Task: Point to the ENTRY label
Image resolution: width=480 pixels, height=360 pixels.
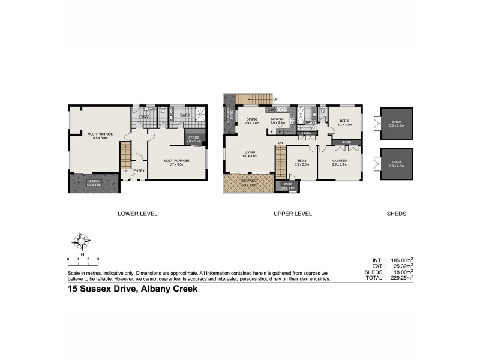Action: click(139, 171)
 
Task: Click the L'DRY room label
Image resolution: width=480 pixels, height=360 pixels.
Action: click(144, 117)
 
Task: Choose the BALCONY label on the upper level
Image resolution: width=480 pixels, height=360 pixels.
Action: click(248, 182)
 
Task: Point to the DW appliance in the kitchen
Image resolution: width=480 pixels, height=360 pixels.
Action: click(271, 110)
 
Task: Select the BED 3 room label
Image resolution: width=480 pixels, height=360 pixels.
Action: click(344, 121)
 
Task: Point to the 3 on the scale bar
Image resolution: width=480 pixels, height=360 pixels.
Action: click(98, 259)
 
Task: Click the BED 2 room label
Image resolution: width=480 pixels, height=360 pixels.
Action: click(302, 161)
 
